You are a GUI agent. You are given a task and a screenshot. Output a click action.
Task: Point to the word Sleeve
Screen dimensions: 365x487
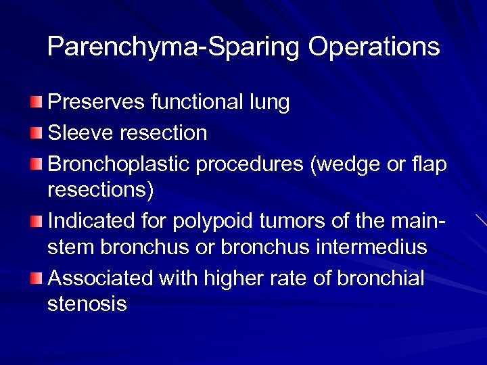click(x=79, y=132)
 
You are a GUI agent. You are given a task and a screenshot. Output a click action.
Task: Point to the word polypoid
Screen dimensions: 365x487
click(x=202, y=220)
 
